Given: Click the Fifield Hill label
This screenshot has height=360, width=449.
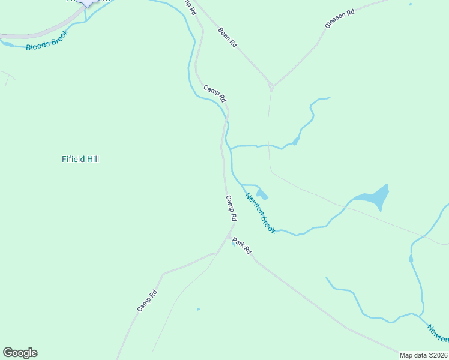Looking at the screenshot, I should pos(80,159).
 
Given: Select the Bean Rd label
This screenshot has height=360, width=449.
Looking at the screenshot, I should pos(228,37).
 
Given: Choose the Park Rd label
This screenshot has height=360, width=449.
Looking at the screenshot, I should pos(241,246).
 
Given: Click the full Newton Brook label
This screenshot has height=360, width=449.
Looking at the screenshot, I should pos(260,212).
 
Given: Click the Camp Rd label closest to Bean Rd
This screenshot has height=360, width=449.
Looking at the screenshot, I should pos(214,93).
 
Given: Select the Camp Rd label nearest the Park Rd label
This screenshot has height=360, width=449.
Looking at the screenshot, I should pos(231,207).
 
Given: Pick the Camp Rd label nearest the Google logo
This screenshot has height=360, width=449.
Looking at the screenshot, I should pos(146,301).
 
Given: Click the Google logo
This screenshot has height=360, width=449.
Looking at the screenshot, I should pos(20,353).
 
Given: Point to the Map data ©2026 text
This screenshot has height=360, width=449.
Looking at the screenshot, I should pos(424,355).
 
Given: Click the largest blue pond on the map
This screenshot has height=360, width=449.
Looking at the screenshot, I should pos(375,197).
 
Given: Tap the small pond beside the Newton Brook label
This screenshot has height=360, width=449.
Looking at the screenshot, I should pos(262,194).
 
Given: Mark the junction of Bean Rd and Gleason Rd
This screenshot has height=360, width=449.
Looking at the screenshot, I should pos(271,86).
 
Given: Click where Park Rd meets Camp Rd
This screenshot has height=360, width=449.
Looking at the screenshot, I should pos(232,227).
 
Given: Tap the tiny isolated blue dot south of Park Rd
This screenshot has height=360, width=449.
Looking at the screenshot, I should pos(198,310).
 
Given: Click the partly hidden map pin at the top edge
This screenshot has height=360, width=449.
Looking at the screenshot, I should pos(88,2).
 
